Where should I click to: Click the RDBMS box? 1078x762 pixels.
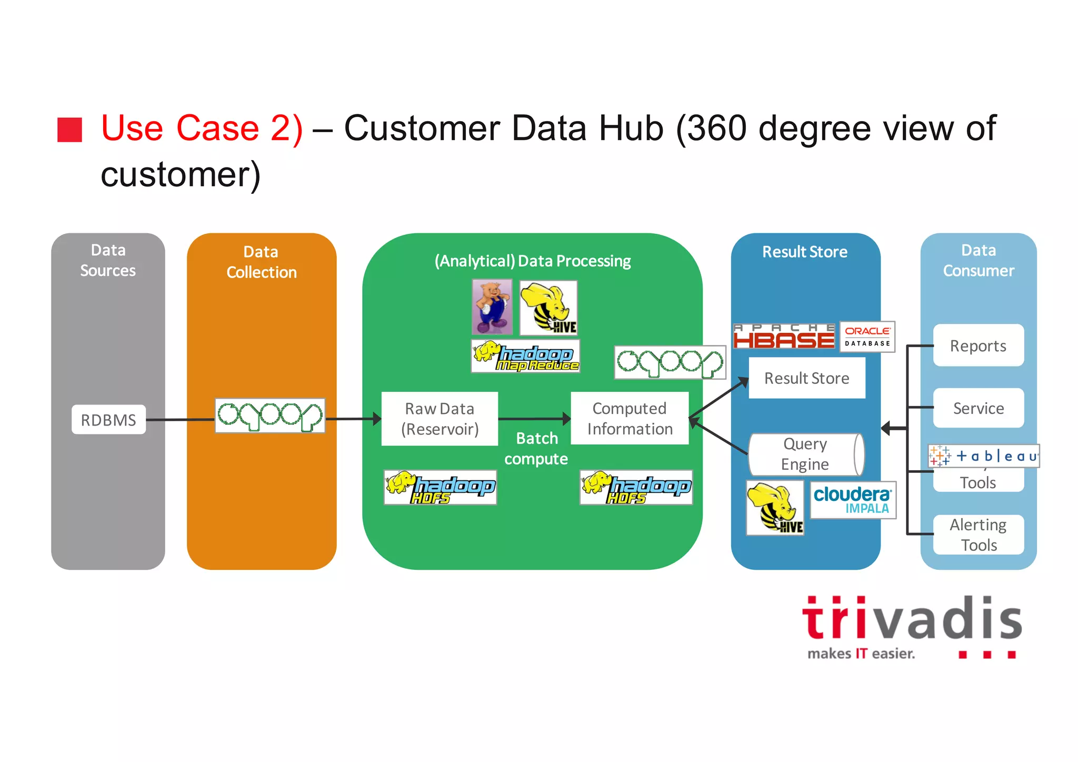tap(108, 420)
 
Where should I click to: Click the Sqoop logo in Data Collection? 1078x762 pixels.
tap(270, 415)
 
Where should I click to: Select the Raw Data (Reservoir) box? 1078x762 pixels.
tap(440, 419)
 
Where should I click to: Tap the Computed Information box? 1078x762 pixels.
tap(630, 418)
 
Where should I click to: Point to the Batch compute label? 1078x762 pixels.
tap(536, 448)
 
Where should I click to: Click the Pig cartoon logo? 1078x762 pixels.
tap(492, 307)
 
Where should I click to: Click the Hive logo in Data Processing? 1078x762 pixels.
tap(548, 308)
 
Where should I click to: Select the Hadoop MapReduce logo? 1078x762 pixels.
tap(525, 357)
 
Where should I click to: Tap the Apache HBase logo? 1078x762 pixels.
tap(784, 337)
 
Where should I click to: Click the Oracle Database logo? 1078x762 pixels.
tap(867, 337)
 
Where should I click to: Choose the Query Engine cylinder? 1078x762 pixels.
tap(805, 454)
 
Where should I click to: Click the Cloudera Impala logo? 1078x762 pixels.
tap(852, 500)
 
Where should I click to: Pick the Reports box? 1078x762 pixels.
tap(978, 345)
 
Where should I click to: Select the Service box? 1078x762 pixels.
tap(978, 408)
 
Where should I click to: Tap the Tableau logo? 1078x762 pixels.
tap(983, 456)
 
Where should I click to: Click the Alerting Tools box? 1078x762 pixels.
tap(978, 535)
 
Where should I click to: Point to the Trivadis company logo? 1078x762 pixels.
tap(911, 627)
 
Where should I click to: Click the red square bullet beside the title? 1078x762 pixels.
tap(70, 130)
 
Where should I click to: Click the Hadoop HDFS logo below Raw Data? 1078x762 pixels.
tap(440, 487)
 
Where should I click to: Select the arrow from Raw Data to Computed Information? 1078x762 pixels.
tap(534, 419)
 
